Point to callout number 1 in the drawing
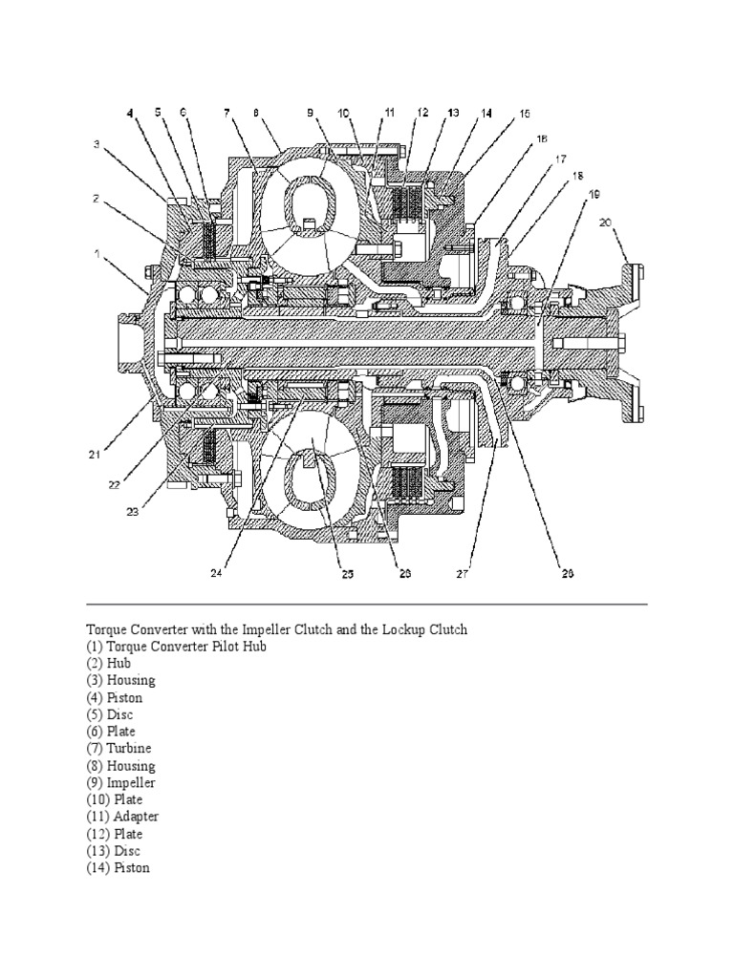coord(97,254)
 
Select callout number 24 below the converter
coord(216,573)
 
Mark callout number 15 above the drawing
coord(524,113)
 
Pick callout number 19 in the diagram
coord(594,194)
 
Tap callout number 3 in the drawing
coord(97,144)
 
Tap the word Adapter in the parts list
coord(136,818)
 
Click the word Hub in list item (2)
coord(119,663)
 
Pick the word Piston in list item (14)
coord(132,869)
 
